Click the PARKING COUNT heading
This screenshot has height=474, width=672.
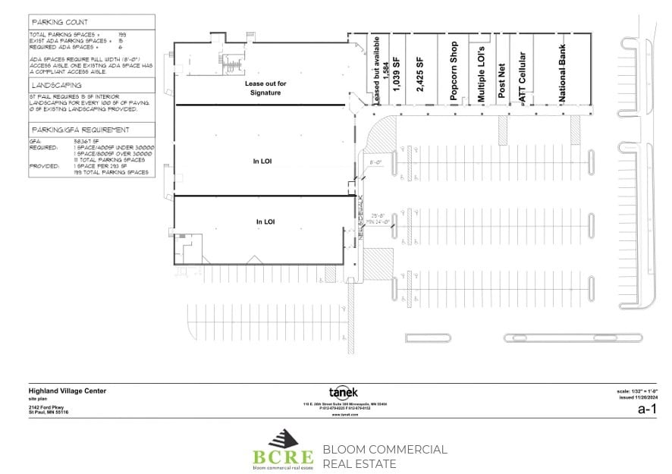pyautogui.click(x=59, y=23)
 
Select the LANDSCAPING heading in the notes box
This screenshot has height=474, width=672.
pyautogui.click(x=56, y=86)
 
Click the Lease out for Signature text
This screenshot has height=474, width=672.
pyautogui.click(x=263, y=88)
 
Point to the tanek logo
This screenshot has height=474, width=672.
pyautogui.click(x=341, y=391)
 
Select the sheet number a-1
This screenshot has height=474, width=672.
pyautogui.click(x=647, y=409)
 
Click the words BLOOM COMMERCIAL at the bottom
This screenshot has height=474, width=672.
pyautogui.click(x=385, y=450)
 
